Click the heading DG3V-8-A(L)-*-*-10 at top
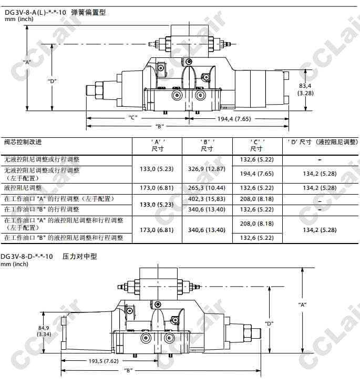(36, 12)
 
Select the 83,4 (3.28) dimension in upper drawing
(305, 89)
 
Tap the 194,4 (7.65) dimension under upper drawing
(234, 119)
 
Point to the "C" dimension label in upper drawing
(133, 117)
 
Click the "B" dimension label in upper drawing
(160, 126)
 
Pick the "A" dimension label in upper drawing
(27, 62)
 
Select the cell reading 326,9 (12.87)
(207, 169)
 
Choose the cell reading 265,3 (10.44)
(207, 188)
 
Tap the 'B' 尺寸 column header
(207, 145)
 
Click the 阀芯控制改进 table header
(23, 141)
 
